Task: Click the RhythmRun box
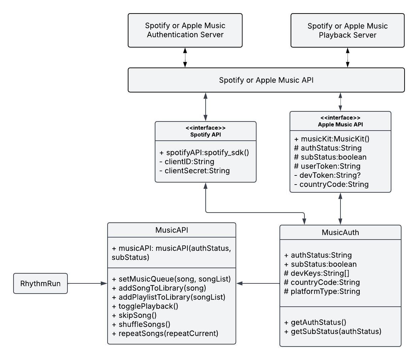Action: click(x=40, y=283)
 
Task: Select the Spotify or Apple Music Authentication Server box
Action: click(x=185, y=30)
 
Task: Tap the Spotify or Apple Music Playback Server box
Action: click(x=347, y=30)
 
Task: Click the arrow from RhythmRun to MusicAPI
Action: click(x=87, y=283)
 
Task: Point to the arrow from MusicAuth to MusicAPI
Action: click(x=258, y=283)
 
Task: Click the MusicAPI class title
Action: click(x=172, y=230)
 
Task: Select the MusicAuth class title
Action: click(x=340, y=232)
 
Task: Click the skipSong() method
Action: click(x=137, y=315)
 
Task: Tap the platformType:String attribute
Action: click(x=322, y=292)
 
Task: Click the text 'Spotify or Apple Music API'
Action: click(x=266, y=80)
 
